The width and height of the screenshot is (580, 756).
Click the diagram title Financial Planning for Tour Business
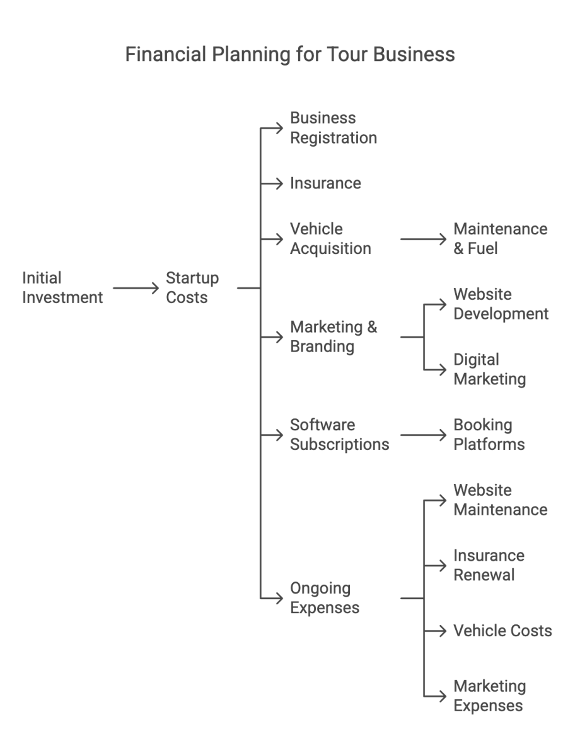[x=290, y=55]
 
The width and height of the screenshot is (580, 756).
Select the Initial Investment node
[x=62, y=287]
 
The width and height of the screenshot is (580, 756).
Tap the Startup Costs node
[x=192, y=287]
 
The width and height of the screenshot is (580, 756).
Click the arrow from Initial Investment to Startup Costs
[x=136, y=288]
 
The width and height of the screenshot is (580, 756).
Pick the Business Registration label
[x=333, y=128]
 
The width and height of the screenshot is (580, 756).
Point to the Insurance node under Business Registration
[x=325, y=183]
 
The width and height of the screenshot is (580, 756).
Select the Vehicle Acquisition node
[x=330, y=239]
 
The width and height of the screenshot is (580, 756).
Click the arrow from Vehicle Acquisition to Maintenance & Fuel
[x=422, y=239]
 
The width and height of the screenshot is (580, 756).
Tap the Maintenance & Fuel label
[x=500, y=239]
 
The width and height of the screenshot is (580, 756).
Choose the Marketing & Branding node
[x=333, y=337]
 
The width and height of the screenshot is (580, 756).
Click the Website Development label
[x=501, y=304]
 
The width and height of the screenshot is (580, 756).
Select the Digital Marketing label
[x=489, y=370]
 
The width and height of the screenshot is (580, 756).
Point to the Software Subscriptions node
[x=339, y=435]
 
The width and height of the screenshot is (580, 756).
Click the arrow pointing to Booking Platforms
[x=422, y=435]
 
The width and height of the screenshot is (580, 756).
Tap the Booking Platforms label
[x=489, y=435]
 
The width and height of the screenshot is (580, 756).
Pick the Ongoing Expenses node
[x=325, y=598]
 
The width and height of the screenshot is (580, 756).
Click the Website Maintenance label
[x=500, y=500]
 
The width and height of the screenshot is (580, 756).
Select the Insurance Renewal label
[x=489, y=565]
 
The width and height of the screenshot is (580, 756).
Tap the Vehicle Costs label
[x=502, y=631]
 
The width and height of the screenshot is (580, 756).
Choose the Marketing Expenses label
[x=489, y=696]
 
